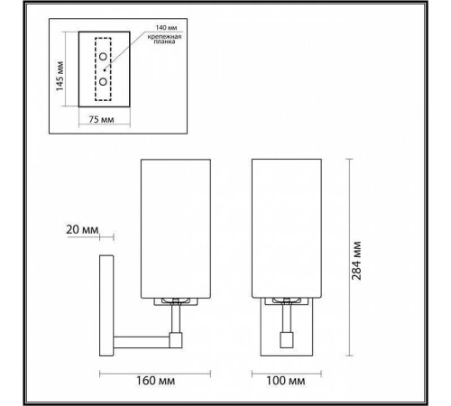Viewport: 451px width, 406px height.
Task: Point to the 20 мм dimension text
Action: pyautogui.click(x=81, y=230)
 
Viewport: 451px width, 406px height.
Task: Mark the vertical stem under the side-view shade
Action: pyautogui.click(x=177, y=318)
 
